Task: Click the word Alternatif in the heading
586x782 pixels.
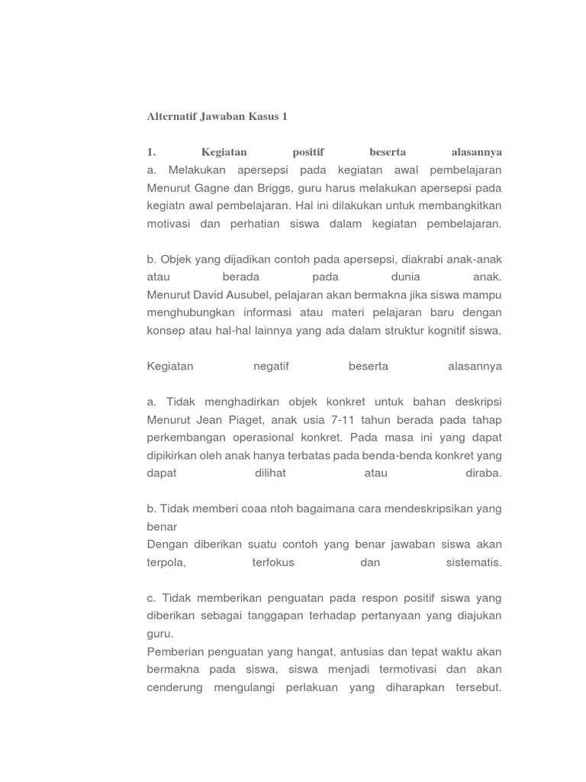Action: (171, 117)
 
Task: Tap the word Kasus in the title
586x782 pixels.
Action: (266, 117)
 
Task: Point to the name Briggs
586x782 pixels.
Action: (275, 188)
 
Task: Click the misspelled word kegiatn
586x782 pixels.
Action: (166, 205)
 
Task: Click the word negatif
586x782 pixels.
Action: (271, 367)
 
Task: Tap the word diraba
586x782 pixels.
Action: (484, 473)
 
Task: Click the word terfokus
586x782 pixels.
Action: (272, 563)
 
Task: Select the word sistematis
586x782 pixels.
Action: (473, 563)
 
